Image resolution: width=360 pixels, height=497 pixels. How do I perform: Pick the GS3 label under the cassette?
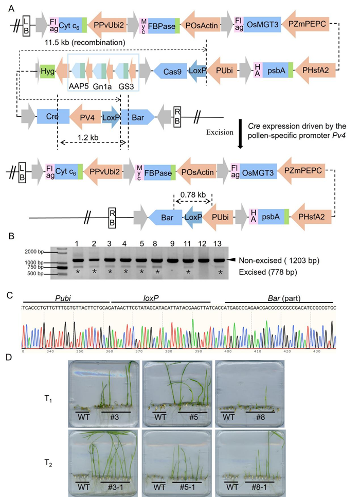[125, 86]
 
